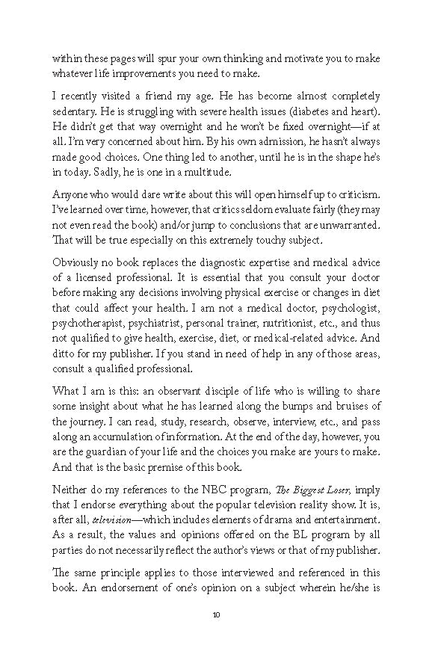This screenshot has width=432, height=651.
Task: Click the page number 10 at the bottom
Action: click(216, 615)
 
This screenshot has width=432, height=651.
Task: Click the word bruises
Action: click(348, 406)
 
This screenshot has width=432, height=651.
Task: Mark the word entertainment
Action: click(339, 519)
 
